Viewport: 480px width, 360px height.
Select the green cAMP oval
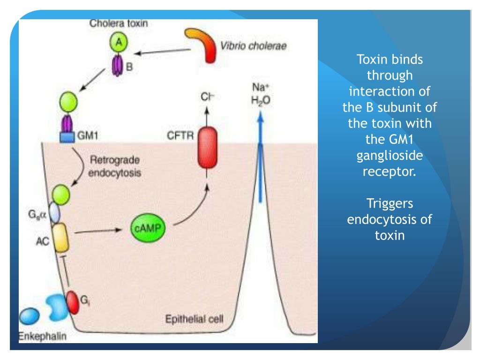tap(148, 228)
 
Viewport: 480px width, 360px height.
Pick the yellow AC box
tap(60, 238)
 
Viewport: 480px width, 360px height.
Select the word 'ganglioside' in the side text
tap(390, 155)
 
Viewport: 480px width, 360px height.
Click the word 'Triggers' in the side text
tap(390, 203)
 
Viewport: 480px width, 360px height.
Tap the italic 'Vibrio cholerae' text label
tap(254, 46)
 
